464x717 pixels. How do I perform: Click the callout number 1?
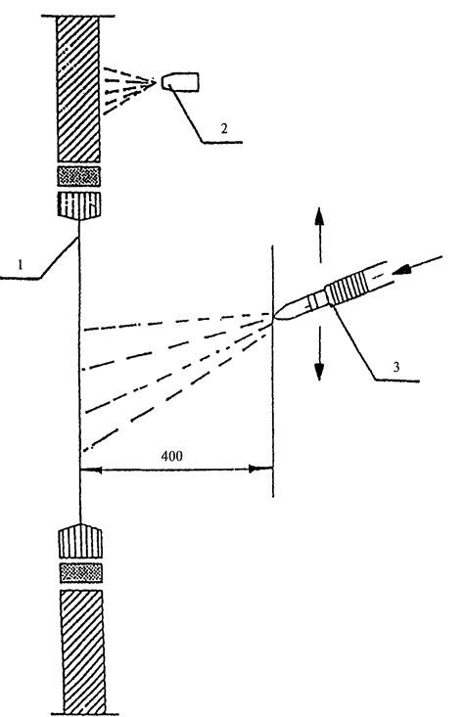pyautogui.click(x=20, y=264)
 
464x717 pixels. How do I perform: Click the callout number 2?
pyautogui.click(x=224, y=128)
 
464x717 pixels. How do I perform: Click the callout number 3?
pyautogui.click(x=396, y=366)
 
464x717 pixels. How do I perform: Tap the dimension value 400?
pyautogui.click(x=171, y=456)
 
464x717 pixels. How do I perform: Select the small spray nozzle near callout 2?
pyautogui.click(x=180, y=82)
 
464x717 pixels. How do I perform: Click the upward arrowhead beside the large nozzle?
pyautogui.click(x=319, y=215)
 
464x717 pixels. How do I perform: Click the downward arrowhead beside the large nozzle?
pyautogui.click(x=319, y=372)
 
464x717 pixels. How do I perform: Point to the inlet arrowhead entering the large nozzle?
pyautogui.click(x=401, y=270)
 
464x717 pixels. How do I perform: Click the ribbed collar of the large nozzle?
pyautogui.click(x=348, y=289)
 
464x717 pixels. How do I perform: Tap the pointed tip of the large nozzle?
pyautogui.click(x=274, y=316)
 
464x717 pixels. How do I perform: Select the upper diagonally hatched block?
pyautogui.click(x=78, y=89)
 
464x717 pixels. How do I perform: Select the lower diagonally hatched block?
pyautogui.click(x=83, y=651)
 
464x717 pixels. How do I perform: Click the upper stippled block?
pyautogui.click(x=79, y=176)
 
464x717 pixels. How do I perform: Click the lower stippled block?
pyautogui.click(x=81, y=573)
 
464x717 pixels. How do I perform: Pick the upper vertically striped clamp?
pyautogui.click(x=79, y=205)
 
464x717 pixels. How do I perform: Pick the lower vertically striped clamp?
pyautogui.click(x=80, y=541)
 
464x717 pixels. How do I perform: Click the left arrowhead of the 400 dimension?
pyautogui.click(x=90, y=470)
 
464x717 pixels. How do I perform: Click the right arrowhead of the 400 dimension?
pyautogui.click(x=260, y=469)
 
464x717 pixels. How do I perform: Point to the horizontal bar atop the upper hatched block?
pyautogui.click(x=77, y=16)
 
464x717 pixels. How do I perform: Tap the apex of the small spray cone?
pyautogui.click(x=155, y=82)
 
